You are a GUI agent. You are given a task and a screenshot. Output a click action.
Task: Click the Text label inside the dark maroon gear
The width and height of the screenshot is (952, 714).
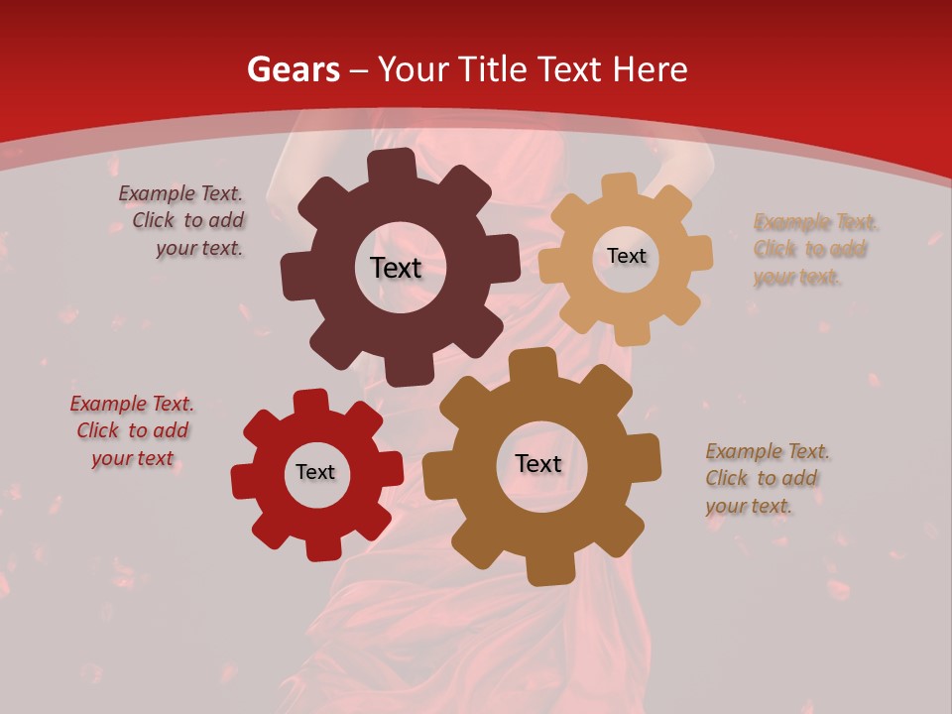(396, 268)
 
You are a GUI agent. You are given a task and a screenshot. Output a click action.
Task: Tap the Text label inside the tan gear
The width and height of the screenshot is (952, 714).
(626, 256)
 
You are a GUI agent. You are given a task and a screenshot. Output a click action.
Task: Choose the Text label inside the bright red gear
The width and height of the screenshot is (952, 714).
(315, 472)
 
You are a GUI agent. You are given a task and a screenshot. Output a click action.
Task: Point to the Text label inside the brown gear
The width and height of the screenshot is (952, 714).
(538, 463)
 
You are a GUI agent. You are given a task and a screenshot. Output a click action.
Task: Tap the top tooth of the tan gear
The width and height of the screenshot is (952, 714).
(621, 185)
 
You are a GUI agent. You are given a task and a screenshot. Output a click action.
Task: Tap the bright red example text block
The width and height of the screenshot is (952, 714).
(132, 430)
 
